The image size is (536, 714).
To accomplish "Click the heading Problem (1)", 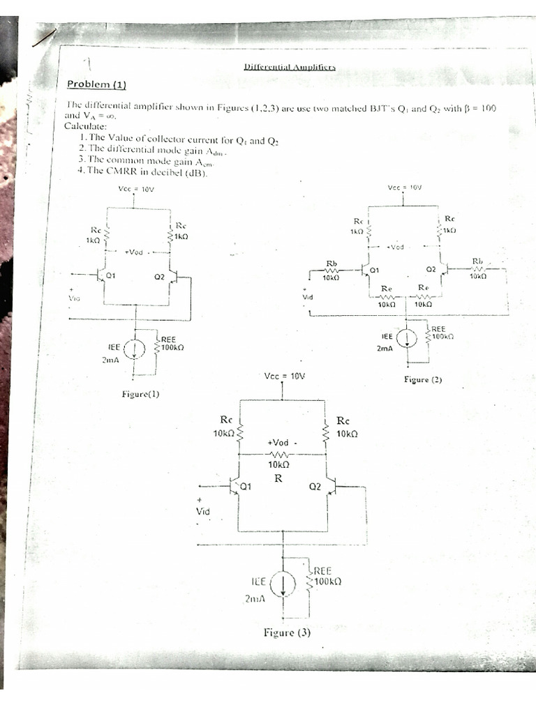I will [96, 84].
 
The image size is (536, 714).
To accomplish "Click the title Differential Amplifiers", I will [290, 67].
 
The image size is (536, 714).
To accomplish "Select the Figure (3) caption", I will [287, 632].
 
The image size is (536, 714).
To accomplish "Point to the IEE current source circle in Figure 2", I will [408, 338].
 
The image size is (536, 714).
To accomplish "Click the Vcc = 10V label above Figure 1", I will [134, 188].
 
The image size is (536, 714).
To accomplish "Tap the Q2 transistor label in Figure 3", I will [314, 486].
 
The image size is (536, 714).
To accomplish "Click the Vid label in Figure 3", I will [202, 512].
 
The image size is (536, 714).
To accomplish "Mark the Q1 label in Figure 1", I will [110, 276].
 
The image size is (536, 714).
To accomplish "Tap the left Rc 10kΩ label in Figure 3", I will [225, 427].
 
